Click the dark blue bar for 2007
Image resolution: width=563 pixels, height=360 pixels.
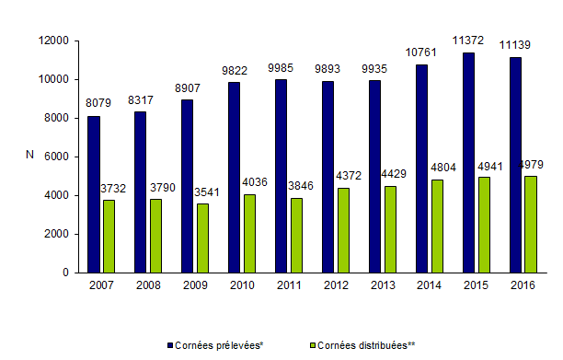tap(94, 194)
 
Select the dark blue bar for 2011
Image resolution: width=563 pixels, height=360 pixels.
tap(281, 176)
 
